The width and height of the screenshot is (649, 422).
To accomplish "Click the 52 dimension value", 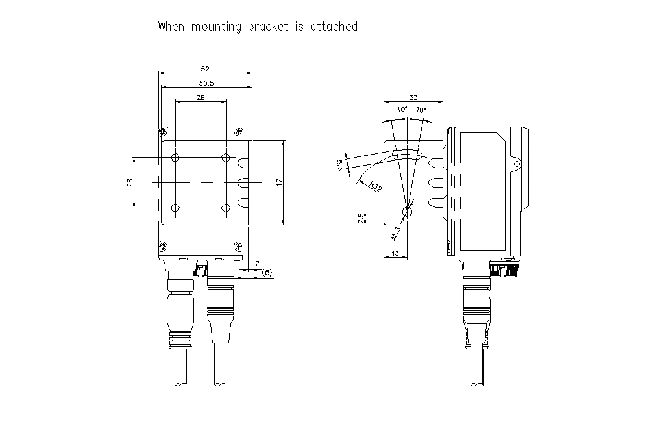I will [x=205, y=68].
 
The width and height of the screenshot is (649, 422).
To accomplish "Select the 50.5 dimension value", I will [x=206, y=82].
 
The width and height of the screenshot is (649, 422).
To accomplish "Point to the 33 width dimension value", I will [x=413, y=97].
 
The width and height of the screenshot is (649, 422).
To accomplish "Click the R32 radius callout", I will [x=375, y=186].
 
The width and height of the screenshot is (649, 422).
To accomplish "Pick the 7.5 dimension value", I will [x=361, y=219].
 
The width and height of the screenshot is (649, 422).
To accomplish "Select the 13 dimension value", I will [x=396, y=254].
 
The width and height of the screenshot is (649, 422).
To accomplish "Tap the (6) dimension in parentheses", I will [x=266, y=273].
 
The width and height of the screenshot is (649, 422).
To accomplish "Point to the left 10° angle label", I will [x=402, y=110].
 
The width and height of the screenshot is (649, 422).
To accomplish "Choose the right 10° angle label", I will [x=421, y=110].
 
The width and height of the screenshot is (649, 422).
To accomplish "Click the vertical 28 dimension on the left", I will [x=130, y=183].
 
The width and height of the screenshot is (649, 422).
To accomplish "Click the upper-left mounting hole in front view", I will [x=175, y=158].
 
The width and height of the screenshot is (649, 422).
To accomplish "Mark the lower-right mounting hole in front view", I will [x=226, y=208].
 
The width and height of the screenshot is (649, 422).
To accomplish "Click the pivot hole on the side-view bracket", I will [x=407, y=211].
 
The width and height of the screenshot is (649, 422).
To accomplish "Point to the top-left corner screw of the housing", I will [x=163, y=130].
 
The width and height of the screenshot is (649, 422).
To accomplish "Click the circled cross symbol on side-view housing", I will [x=517, y=164].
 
